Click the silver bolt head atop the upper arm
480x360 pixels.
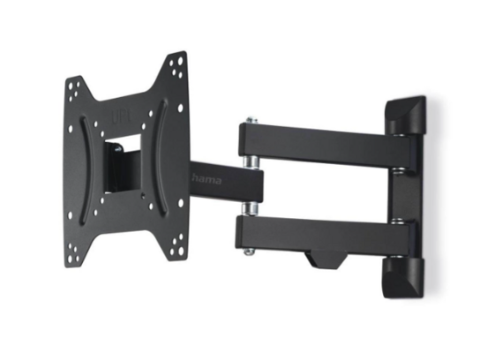click(250, 117)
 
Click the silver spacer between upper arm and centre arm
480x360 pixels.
click(251, 162)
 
